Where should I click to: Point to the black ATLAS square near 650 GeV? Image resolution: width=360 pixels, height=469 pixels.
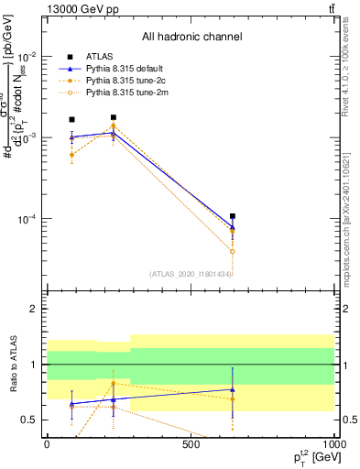point(233,217)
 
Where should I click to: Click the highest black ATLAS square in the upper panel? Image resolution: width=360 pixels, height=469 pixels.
point(113,117)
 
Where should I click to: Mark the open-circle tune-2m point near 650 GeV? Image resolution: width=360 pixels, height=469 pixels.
point(233,251)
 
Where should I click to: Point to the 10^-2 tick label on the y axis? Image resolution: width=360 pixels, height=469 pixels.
point(27,57)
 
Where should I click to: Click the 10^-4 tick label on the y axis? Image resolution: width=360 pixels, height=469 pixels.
point(27,220)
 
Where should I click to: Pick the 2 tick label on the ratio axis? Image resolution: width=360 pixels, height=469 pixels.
point(33,310)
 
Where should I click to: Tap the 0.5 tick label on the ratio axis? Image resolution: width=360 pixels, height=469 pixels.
point(29,420)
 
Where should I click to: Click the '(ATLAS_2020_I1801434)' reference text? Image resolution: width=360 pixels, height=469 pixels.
point(191,274)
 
